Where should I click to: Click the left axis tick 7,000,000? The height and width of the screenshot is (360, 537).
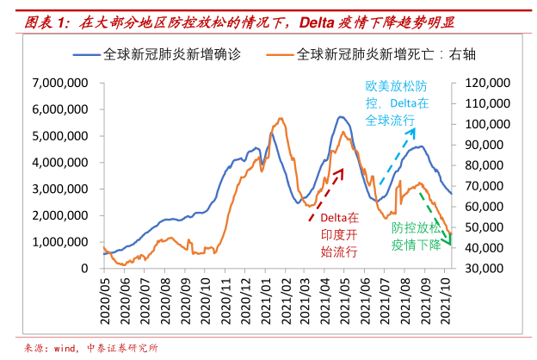[x=62, y=83]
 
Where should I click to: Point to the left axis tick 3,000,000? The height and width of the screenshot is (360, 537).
[x=62, y=189]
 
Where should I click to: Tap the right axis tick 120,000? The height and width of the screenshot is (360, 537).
[x=487, y=83]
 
